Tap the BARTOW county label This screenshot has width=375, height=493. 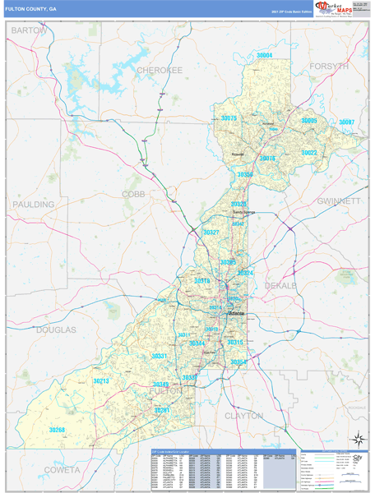[x=29, y=30]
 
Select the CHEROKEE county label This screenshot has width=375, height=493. [x=160, y=71]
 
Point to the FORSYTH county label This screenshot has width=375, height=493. [x=330, y=66]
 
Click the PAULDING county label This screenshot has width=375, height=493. [x=33, y=204]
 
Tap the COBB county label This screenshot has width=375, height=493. [x=132, y=194]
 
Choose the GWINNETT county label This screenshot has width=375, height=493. [x=338, y=200]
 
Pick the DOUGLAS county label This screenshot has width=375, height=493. [x=56, y=329]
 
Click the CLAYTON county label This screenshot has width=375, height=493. [x=243, y=416]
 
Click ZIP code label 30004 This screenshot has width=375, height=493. [x=264, y=55]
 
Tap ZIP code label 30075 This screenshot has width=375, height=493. [x=229, y=119]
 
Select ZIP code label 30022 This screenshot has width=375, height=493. [x=308, y=153]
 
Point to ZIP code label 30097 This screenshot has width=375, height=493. [x=347, y=122]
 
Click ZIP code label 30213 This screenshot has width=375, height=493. [x=101, y=381]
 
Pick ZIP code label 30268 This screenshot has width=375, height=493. [x=57, y=430]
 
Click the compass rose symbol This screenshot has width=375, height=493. [x=358, y=439]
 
